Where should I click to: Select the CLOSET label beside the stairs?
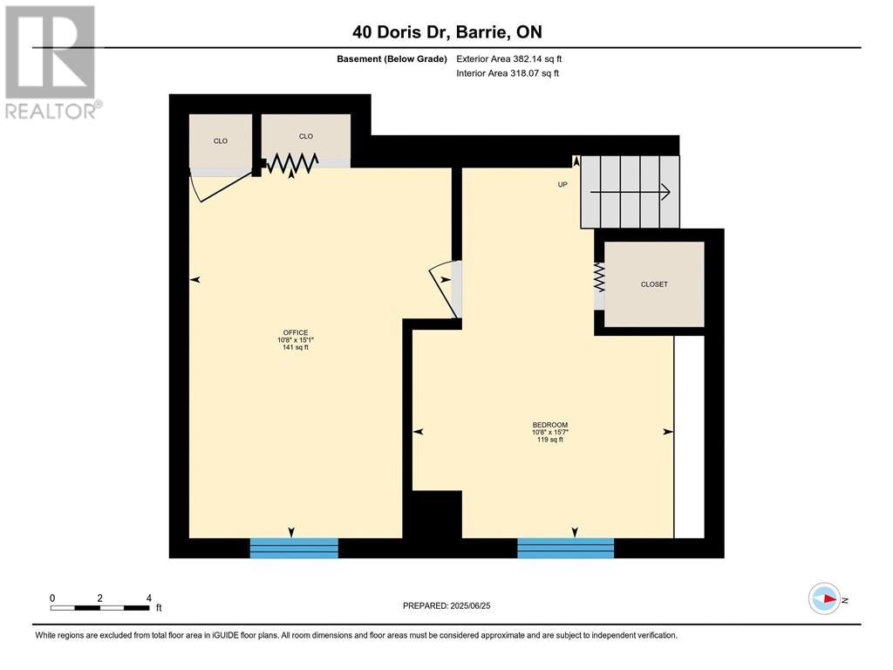[x=654, y=284]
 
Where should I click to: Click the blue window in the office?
[x=294, y=548]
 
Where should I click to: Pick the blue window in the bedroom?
[x=565, y=548]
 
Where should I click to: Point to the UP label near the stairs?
[x=562, y=185]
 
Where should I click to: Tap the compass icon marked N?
[x=825, y=598]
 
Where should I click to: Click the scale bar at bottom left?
[x=99, y=607]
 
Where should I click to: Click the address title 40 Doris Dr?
[x=446, y=32]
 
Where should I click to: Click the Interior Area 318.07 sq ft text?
[x=508, y=73]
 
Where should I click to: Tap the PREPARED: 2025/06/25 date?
[x=453, y=605]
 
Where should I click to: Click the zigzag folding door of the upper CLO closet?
[x=291, y=163]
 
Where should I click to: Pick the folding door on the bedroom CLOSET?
[x=599, y=279]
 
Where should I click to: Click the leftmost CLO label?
[x=221, y=140]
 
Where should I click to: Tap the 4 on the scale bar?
[x=148, y=598]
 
